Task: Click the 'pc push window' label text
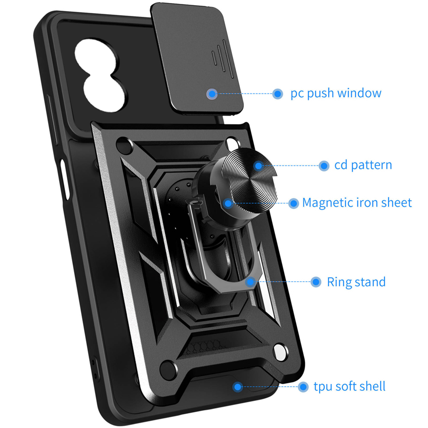coord(336,93)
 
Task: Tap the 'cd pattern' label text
coord(363,165)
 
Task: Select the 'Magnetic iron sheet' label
coord(357,202)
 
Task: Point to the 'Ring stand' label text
coord(356,282)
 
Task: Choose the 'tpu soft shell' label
coord(349,386)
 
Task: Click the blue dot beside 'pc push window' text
coord(278,93)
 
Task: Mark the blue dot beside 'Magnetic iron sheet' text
coord(293,203)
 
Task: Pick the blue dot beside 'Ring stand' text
coord(316,282)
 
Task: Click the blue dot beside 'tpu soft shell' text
coord(303,387)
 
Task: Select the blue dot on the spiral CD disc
coord(258,165)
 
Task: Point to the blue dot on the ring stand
coord(250,282)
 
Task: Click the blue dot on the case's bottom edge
coord(238,386)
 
